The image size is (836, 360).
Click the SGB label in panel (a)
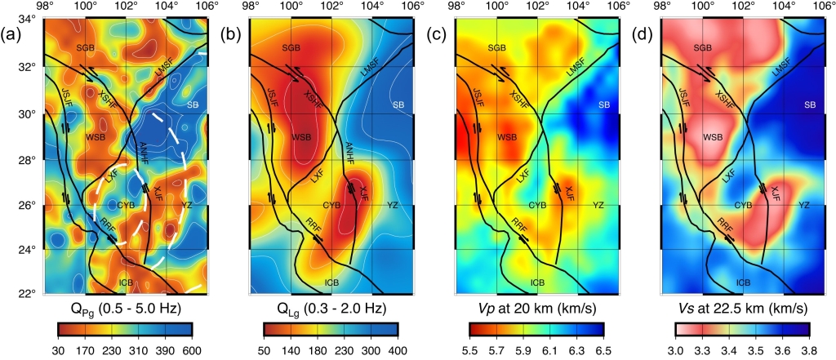tap(86, 49)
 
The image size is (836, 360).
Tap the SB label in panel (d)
tap(809, 104)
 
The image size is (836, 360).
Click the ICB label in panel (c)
tap(537, 282)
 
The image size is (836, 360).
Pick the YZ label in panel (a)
tap(186, 205)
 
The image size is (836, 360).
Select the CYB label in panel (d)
tap(743, 205)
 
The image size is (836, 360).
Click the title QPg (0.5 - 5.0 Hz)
tap(125, 309)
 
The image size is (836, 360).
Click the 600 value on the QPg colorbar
tap(192, 349)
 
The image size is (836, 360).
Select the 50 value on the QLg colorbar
tap(265, 349)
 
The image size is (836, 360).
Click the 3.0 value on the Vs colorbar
tap(676, 349)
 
